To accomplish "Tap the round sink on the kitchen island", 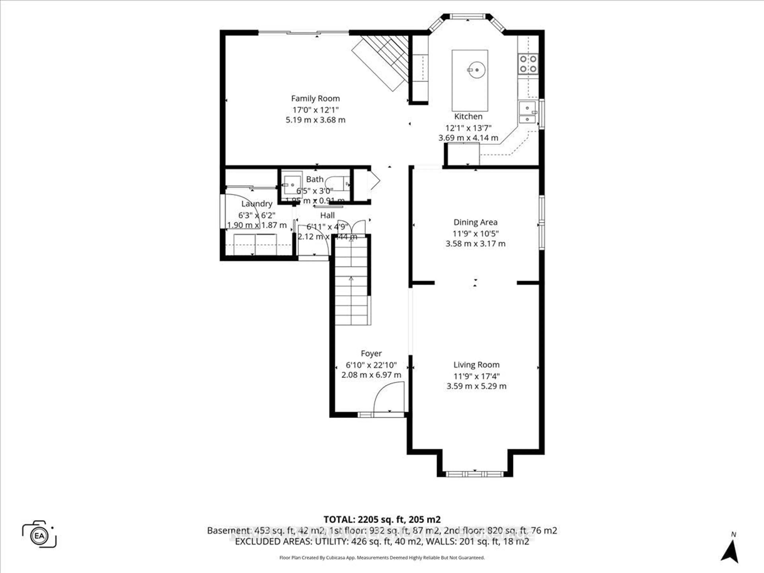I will tap(477, 70).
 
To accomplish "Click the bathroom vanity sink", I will tap(292, 185).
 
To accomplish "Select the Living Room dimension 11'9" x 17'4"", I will tap(476, 376).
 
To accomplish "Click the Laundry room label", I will tap(257, 204).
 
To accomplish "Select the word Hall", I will tap(327, 215).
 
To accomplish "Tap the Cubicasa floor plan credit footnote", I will tap(382, 557).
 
